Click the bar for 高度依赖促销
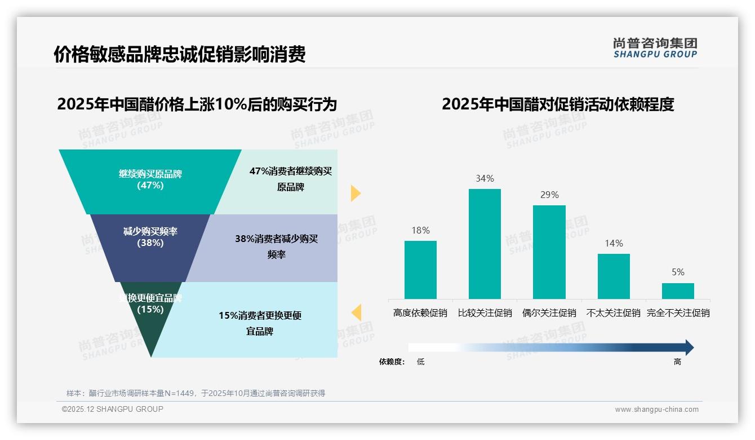point(420,270)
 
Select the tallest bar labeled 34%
point(485,244)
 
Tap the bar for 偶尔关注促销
point(549,252)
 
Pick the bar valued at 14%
point(614,276)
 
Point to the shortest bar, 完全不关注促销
point(678,291)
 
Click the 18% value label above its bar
point(420,230)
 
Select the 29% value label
point(549,195)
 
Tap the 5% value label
point(678,272)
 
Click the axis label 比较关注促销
point(485,313)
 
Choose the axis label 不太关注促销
point(614,313)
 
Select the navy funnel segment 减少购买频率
point(150,248)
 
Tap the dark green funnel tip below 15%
point(150,333)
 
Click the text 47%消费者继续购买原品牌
point(291,179)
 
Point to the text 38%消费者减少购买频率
point(277,247)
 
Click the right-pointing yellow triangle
point(356,193)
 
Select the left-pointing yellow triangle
point(356,313)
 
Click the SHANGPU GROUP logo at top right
point(655,48)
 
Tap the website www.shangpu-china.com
point(656,410)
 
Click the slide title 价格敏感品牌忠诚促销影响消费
point(179,54)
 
